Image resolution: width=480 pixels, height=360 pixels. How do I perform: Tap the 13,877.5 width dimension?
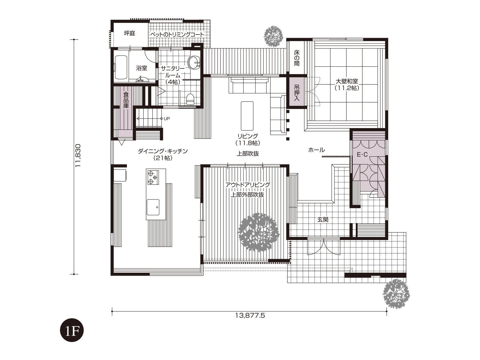click(250, 315)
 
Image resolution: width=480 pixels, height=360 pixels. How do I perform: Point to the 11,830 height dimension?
click(78, 156)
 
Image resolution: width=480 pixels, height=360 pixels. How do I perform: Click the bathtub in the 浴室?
click(121, 67)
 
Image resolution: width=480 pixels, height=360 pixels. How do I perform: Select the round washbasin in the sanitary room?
click(194, 63)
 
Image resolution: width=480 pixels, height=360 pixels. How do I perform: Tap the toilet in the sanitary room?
click(190, 99)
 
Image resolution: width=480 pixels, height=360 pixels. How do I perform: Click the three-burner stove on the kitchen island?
click(153, 177)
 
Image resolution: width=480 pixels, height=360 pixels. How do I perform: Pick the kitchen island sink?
click(153, 207)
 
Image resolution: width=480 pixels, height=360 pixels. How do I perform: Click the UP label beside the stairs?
click(166, 119)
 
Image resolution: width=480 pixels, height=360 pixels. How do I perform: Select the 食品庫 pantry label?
click(126, 100)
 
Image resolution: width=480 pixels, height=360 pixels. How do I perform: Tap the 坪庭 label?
click(130, 33)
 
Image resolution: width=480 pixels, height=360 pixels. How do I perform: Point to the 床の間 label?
click(296, 58)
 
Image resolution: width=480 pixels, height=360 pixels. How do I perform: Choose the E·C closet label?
click(362, 154)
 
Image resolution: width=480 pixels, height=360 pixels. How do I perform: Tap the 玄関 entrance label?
click(323, 220)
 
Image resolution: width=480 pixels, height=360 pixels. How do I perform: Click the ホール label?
click(316, 150)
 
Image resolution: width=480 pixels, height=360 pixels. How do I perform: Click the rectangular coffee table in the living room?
click(247, 116)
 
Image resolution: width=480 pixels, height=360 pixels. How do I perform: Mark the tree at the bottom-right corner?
click(396, 294)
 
